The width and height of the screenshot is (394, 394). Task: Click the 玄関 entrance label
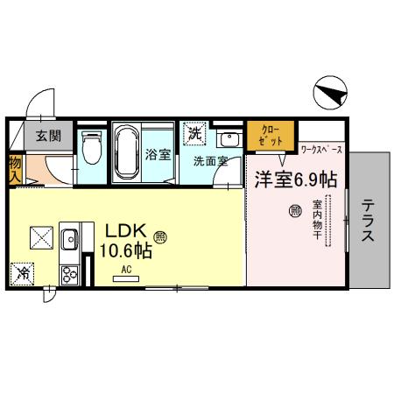click(47, 136)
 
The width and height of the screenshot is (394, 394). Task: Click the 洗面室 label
click(211, 160)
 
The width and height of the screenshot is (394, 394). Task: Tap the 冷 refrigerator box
click(23, 274)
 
